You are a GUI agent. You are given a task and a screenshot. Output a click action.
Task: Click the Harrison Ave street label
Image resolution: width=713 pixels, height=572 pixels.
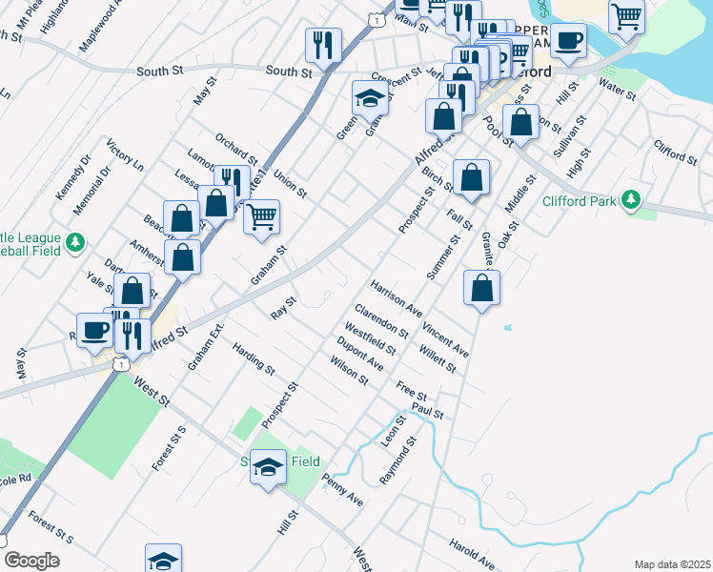[x=397, y=297]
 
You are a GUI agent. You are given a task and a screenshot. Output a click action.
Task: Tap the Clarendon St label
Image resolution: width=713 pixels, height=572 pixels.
[x=381, y=321]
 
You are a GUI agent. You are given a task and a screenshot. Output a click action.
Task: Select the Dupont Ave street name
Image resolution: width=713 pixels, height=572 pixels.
[x=360, y=353]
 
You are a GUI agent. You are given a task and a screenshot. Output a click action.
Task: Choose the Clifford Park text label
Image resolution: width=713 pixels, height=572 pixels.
[x=582, y=200]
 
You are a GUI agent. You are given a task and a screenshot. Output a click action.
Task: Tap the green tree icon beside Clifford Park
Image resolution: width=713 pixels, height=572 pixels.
[x=629, y=199]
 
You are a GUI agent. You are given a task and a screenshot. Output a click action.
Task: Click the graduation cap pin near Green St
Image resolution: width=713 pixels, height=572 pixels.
[x=370, y=97]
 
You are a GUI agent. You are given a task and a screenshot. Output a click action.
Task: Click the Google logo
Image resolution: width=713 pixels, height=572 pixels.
[x=31, y=561]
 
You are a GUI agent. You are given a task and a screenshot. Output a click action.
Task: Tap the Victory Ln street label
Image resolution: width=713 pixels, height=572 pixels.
[x=125, y=154]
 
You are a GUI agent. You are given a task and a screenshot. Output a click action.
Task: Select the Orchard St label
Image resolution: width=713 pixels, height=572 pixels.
[x=236, y=148]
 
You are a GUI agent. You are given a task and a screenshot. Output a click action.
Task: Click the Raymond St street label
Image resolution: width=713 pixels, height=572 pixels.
[x=398, y=461]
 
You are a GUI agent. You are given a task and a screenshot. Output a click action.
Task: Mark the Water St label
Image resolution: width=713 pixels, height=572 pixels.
[x=617, y=91]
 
